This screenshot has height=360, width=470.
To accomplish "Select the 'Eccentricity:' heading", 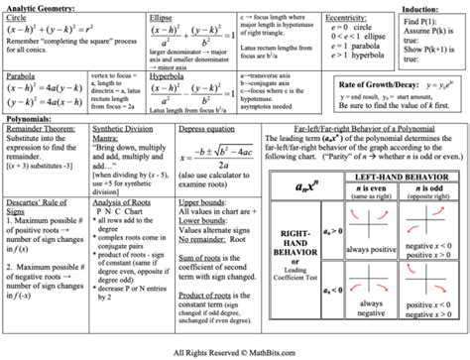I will [350, 17].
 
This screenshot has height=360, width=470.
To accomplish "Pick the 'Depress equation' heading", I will [207, 129].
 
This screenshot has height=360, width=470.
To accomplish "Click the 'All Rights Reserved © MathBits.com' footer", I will [235, 352].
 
